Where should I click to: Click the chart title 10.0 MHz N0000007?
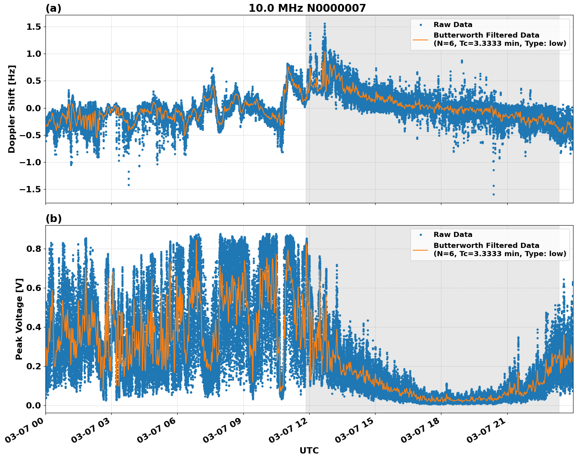(x=307, y=8)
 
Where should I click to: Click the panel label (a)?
(x=53, y=8)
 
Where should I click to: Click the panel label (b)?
(x=53, y=219)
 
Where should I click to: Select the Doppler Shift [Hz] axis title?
(x=12, y=109)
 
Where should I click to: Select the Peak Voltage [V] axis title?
(x=19, y=319)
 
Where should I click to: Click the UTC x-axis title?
(x=309, y=450)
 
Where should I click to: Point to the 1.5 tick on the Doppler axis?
(x=33, y=27)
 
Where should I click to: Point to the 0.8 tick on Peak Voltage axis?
(x=34, y=249)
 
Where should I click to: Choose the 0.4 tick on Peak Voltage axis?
(x=34, y=327)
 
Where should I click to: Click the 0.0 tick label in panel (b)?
(x=34, y=405)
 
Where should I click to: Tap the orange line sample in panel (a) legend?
(x=420, y=40)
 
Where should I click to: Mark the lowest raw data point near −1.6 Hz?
(x=494, y=194)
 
